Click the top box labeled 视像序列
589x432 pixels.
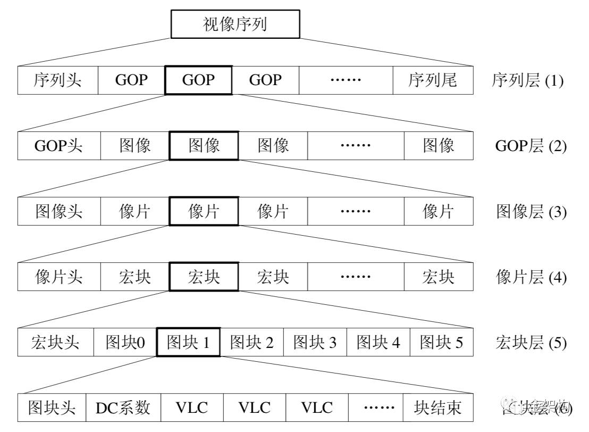tap(235, 24)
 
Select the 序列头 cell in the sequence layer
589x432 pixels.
tap(58, 80)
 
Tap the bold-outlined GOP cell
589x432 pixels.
tap(198, 80)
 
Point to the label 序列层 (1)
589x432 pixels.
tap(527, 81)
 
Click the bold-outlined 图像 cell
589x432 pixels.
tap(204, 146)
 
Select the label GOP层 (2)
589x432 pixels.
tap(531, 146)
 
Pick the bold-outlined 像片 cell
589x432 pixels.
tap(204, 211)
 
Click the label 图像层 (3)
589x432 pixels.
tap(531, 212)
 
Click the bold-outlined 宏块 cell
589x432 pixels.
tap(204, 277)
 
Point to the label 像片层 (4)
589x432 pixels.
tap(531, 277)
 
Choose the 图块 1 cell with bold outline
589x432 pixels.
tap(188, 343)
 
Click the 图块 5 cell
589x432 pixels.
tap(441, 343)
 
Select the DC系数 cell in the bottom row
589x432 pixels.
tap(123, 408)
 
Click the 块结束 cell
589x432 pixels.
tap(437, 408)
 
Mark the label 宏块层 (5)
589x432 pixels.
tap(531, 343)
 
